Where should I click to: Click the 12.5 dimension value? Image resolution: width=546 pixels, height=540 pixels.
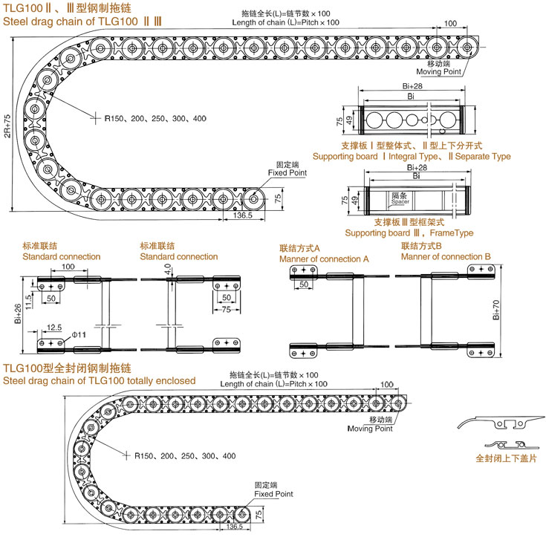click(53, 327)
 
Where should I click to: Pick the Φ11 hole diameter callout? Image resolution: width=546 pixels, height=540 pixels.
click(79, 335)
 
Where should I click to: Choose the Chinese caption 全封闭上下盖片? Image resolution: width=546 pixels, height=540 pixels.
click(505, 458)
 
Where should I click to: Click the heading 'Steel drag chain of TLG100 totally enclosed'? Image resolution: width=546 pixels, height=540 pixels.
click(100, 380)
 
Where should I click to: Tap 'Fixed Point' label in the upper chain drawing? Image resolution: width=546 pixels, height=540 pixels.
click(287, 172)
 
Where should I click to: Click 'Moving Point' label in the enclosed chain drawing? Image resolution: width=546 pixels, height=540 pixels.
click(370, 429)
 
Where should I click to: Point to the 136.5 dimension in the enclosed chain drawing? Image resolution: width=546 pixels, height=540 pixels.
click(233, 527)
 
